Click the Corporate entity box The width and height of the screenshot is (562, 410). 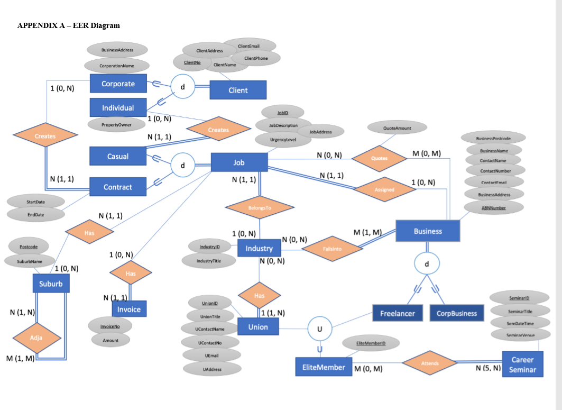pos(118,84)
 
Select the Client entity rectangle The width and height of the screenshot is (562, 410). pos(238,90)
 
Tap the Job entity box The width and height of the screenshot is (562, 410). pos(238,162)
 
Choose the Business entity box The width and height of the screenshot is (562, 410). pos(428,231)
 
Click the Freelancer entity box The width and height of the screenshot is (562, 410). pos(398,313)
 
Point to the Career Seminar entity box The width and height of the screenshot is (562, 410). pos(522,365)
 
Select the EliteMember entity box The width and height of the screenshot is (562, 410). pos(324,367)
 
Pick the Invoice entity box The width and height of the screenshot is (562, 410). pos(129,309)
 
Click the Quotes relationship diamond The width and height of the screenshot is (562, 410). pos(379,158)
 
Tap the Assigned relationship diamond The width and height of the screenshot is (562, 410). pos(384,189)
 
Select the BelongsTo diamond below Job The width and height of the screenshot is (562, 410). pos(259,208)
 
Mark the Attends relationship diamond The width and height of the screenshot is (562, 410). pos(429,363)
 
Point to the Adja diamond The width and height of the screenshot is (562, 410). pos(36,337)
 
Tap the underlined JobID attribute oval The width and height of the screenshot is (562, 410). pos(282,113)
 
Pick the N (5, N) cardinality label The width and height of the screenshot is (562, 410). pos(488,368)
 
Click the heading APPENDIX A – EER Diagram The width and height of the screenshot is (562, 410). pos(69,25)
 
